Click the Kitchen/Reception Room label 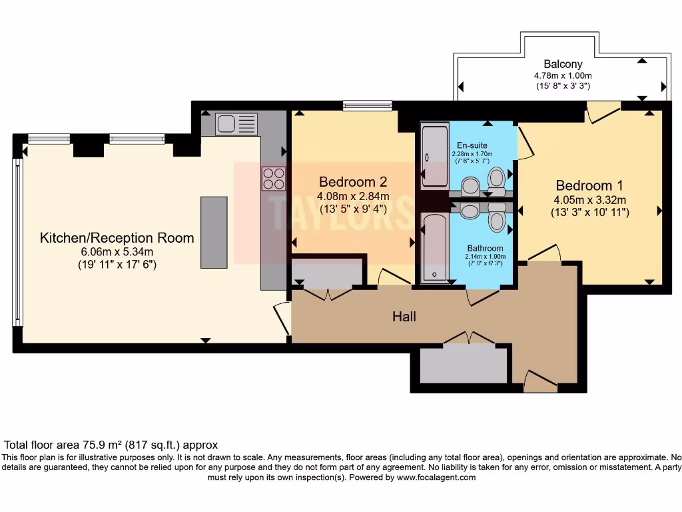click(117, 238)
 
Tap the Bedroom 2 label click(353, 181)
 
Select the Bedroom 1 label click(589, 185)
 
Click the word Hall click(404, 317)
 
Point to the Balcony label click(563, 64)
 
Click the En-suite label click(472, 145)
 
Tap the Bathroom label click(485, 248)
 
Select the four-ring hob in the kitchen click(274, 179)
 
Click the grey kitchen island click(214, 233)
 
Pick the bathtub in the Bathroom click(434, 247)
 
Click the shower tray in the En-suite click(434, 155)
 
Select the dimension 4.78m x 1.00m click(563, 76)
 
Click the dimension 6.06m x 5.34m click(117, 251)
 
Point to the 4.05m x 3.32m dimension click(590, 200)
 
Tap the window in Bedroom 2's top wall click(368, 105)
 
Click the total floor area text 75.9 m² click(102, 445)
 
